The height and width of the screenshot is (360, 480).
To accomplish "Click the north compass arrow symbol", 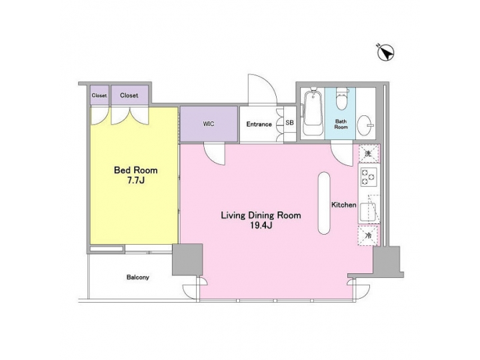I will click(385, 52).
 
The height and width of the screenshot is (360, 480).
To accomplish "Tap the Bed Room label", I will click(135, 170).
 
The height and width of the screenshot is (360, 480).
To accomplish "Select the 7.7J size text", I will click(135, 181).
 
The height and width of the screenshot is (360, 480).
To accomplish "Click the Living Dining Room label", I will click(261, 215).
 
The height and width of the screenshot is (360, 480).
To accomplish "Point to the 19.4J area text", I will click(261, 227).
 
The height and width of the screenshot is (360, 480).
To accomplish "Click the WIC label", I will click(209, 124).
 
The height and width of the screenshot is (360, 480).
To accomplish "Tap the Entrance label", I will click(259, 124).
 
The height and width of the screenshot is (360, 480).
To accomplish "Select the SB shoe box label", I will click(289, 123).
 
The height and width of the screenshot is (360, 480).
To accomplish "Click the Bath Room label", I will click(341, 125).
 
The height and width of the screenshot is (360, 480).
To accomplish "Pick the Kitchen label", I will click(344, 205).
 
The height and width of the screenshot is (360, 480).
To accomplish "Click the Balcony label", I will click(137, 277).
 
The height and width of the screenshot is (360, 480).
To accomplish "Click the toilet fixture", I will click(342, 99).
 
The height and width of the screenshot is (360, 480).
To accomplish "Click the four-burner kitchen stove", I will click(368, 177).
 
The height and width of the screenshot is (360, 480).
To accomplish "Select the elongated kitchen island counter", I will click(323, 203).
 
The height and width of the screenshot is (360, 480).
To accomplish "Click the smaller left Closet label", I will click(99, 95).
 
